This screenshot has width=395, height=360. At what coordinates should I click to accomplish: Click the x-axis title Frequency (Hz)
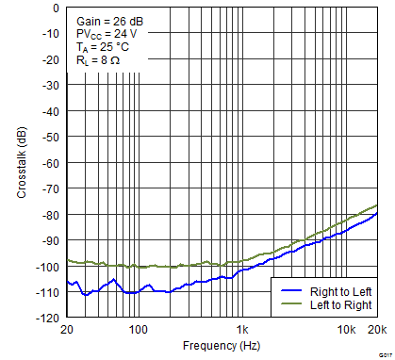[x=222, y=345]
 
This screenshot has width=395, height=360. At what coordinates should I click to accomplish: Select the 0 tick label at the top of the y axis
[x=56, y=8]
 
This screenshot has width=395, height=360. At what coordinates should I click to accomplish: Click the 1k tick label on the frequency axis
[x=242, y=330]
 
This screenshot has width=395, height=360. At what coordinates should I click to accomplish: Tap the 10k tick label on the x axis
[x=347, y=330]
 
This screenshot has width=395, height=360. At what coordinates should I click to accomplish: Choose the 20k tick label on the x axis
[x=376, y=330]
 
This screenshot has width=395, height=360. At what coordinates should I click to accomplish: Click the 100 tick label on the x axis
[x=139, y=330]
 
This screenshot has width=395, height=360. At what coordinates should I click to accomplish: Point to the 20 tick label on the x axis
[x=66, y=330]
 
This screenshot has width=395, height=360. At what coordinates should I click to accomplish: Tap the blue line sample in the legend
[x=291, y=292]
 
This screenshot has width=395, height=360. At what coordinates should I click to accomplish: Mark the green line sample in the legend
[x=291, y=305]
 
